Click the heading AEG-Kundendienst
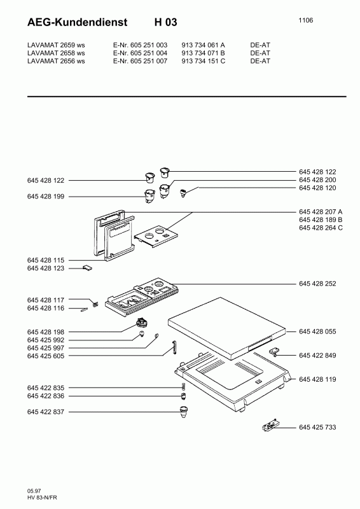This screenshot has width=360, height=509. tap(77, 22)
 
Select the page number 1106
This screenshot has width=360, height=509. tap(306, 20)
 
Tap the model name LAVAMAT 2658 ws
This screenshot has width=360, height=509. tap(56, 53)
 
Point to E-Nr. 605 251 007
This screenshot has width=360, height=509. tap(140, 61)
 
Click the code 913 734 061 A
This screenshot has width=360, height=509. tap(203, 45)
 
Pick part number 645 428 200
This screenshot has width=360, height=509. tap(317, 180)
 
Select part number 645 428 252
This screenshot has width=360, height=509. tap(317, 284)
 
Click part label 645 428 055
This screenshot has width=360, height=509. tap(317, 331)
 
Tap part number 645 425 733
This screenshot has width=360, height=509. tap(317, 427)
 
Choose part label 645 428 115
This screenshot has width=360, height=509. tap(46, 260)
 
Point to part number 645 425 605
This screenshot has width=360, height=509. tap(46, 356)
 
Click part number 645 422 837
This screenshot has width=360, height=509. tap(46, 412)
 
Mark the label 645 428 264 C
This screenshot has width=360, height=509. tap(321, 228)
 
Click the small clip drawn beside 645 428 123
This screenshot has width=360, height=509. tap(87, 267)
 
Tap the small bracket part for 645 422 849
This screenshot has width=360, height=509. tap(274, 351)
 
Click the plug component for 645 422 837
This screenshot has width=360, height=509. tap(184, 411)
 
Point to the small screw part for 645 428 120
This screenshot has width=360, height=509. tap(183, 194)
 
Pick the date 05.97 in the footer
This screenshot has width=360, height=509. tap(34, 491)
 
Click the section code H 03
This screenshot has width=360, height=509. tap(166, 22)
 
